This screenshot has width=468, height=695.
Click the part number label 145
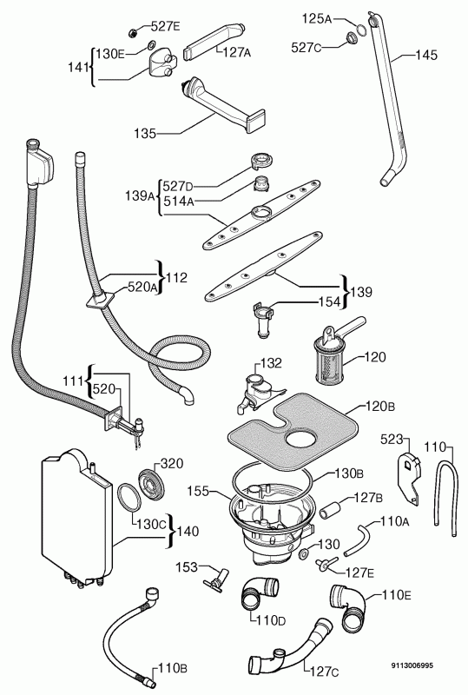(426, 55)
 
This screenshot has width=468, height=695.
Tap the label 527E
(165, 27)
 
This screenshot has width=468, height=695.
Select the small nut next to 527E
(132, 32)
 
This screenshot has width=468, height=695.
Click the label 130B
(349, 473)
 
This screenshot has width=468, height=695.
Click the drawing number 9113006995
(412, 665)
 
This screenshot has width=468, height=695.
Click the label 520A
(142, 288)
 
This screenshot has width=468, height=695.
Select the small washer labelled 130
(305, 553)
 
